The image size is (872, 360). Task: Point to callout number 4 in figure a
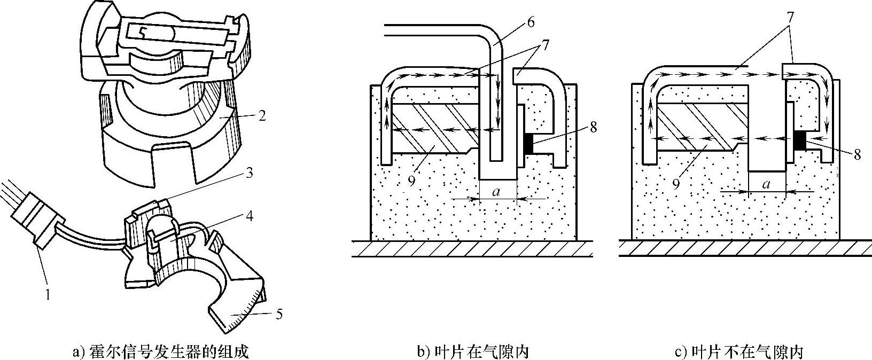(x=249, y=216)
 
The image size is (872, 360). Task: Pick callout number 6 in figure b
(x=530, y=22)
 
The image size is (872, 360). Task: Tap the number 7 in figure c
(x=790, y=16)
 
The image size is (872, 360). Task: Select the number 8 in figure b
(x=595, y=127)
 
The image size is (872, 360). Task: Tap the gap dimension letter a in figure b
(x=497, y=191)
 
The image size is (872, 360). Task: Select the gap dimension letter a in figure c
(x=767, y=184)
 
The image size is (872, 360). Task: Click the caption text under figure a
(x=160, y=352)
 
